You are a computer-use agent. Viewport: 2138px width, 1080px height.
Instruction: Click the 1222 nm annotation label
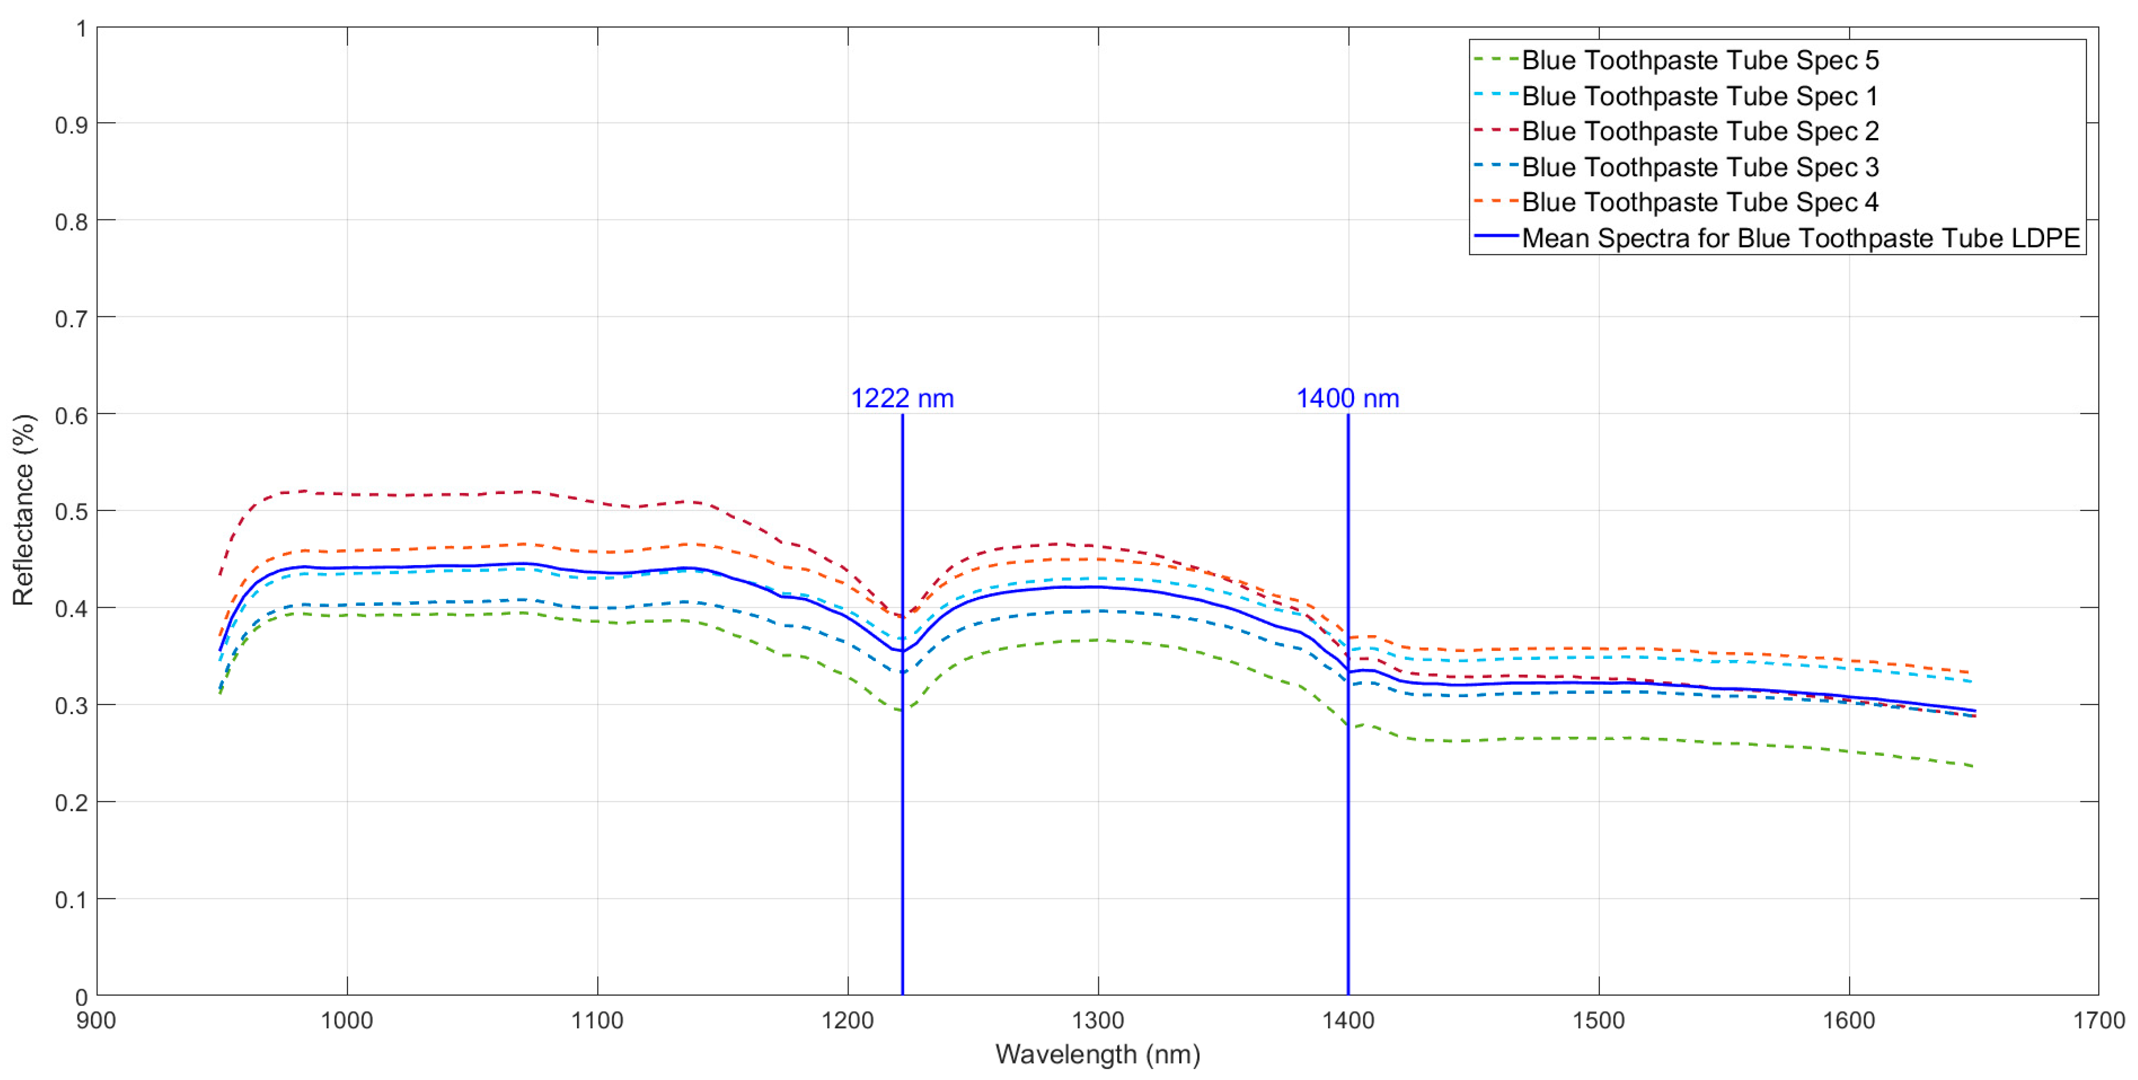click(902, 398)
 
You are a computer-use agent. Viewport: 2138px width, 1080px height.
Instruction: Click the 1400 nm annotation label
click(1348, 398)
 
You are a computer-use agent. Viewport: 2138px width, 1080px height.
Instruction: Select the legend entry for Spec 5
click(1700, 61)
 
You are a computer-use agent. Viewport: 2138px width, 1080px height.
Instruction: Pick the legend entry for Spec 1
click(1700, 96)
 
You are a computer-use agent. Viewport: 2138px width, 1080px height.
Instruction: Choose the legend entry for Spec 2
click(1700, 131)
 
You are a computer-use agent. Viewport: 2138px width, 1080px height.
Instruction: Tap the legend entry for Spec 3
click(1700, 167)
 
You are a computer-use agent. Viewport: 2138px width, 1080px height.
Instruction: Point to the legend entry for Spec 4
click(1700, 203)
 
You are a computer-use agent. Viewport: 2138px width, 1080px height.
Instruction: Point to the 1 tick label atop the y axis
click(81, 29)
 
